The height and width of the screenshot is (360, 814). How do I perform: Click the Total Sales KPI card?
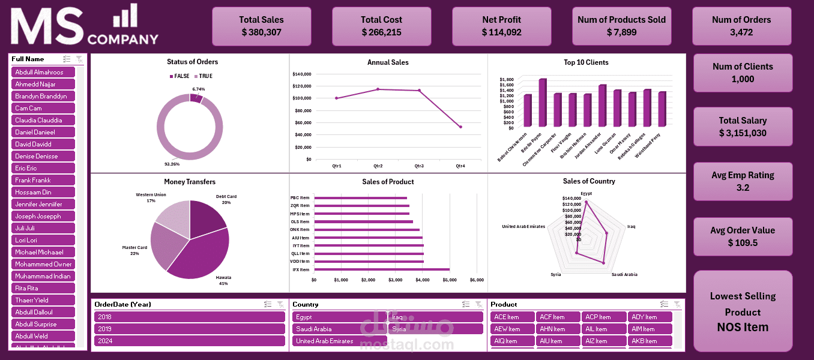click(x=261, y=26)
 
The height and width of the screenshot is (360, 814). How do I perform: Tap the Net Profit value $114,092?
click(x=501, y=32)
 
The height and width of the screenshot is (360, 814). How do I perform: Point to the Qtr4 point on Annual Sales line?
click(x=460, y=127)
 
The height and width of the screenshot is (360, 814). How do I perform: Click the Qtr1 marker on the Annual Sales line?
click(x=337, y=98)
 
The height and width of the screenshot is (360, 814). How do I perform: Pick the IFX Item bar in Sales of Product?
click(x=382, y=269)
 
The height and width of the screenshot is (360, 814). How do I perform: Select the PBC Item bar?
click(x=360, y=198)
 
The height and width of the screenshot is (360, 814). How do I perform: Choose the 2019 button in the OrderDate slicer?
click(x=189, y=329)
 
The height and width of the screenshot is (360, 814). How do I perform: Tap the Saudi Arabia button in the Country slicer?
click(x=339, y=329)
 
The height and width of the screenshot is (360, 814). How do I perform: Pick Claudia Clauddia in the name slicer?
click(x=43, y=120)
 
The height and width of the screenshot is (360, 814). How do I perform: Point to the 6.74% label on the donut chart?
click(x=199, y=89)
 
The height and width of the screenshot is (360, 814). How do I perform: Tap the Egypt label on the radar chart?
click(x=586, y=193)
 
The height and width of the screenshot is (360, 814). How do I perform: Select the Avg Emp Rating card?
click(x=743, y=181)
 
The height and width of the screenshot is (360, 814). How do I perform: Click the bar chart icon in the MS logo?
click(x=125, y=16)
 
